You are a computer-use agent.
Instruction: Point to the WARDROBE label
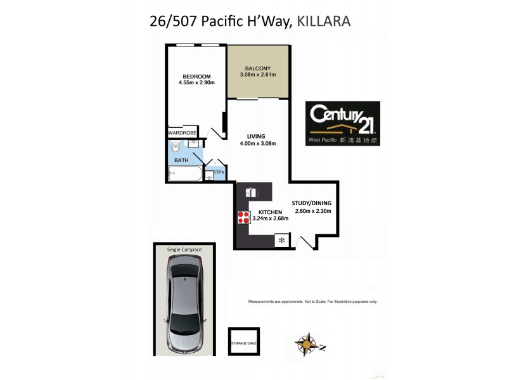click(x=183, y=132)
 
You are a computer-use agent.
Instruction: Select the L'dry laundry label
click(x=219, y=172)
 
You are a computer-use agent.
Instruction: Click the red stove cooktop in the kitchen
click(x=243, y=217)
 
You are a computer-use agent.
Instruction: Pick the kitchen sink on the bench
click(x=252, y=191)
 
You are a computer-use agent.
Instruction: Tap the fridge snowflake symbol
click(x=281, y=241)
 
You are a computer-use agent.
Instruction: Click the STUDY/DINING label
click(x=311, y=203)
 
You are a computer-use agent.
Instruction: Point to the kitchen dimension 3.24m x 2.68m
click(x=271, y=218)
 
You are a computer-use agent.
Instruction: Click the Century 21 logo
click(x=343, y=124)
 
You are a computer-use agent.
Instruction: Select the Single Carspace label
click(x=184, y=250)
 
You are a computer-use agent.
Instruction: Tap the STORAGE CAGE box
click(x=244, y=343)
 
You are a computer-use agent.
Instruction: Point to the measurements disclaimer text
click(x=313, y=301)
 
